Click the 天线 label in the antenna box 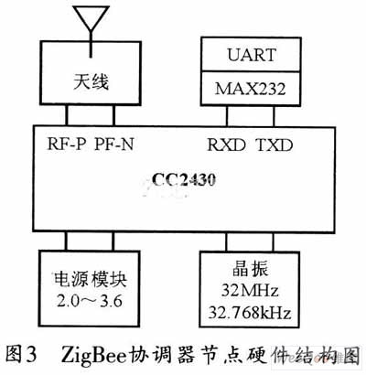click(x=91, y=82)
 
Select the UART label click(x=252, y=55)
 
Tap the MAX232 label click(x=251, y=89)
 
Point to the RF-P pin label click(x=66, y=144)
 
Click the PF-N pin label click(x=114, y=144)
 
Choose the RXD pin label click(x=226, y=145)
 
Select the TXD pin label click(x=274, y=145)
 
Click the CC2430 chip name click(x=184, y=179)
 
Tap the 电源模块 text click(x=91, y=280)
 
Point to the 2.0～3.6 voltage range click(x=90, y=301)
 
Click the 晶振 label click(x=250, y=269)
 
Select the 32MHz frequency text click(x=250, y=290)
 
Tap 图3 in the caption click(x=21, y=354)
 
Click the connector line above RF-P click(x=66, y=115)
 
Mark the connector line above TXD click(x=274, y=116)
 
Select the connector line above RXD click(x=227, y=116)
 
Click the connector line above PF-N click(x=114, y=115)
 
